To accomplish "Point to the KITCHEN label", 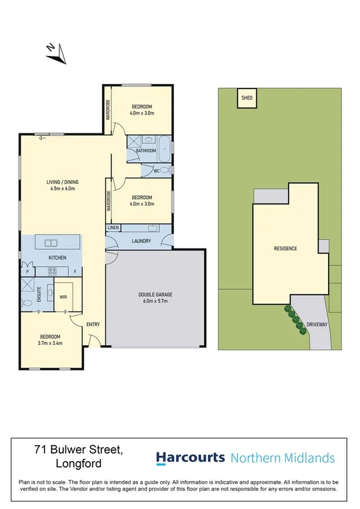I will tap(57, 258).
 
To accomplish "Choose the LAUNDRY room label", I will tap(141, 241).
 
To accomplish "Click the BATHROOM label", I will tap(146, 151).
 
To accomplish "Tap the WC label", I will tap(156, 171).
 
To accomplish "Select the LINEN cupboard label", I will tap(113, 229).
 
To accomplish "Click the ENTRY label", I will tap(93, 324).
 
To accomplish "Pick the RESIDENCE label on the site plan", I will tap(285, 249).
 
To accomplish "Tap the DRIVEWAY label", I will tap(317, 324).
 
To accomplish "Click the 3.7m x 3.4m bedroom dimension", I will tap(51, 344).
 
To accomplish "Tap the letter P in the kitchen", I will tap(27, 271).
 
